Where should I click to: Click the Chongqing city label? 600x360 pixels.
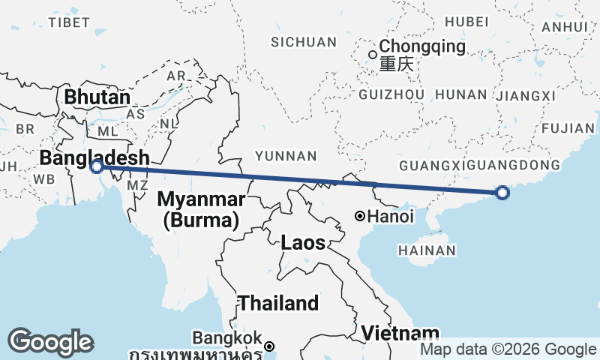(x=422, y=47)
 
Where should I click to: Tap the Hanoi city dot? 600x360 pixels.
(x=360, y=217)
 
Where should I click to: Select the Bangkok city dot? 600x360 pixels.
(x=269, y=346)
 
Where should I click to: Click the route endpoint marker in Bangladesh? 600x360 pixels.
(x=96, y=166)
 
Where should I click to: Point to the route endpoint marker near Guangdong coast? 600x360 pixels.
(x=502, y=193)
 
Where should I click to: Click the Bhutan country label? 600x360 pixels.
(x=97, y=97)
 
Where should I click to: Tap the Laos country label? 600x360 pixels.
(x=304, y=243)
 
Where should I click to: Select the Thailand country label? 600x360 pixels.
(x=278, y=303)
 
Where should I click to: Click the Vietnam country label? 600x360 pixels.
(x=400, y=333)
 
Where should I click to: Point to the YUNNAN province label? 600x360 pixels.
(x=286, y=156)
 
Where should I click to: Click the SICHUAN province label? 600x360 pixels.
(x=304, y=41)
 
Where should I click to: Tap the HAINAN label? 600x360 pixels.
(x=427, y=250)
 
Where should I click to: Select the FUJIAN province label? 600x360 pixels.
(x=566, y=128)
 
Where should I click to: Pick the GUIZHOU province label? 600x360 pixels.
(x=392, y=94)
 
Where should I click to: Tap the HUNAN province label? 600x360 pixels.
(x=460, y=94)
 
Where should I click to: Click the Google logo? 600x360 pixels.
(x=51, y=341)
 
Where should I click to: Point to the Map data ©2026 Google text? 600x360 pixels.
(x=508, y=349)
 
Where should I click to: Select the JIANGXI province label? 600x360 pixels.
(x=525, y=95)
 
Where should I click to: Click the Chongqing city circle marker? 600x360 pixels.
(x=373, y=54)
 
